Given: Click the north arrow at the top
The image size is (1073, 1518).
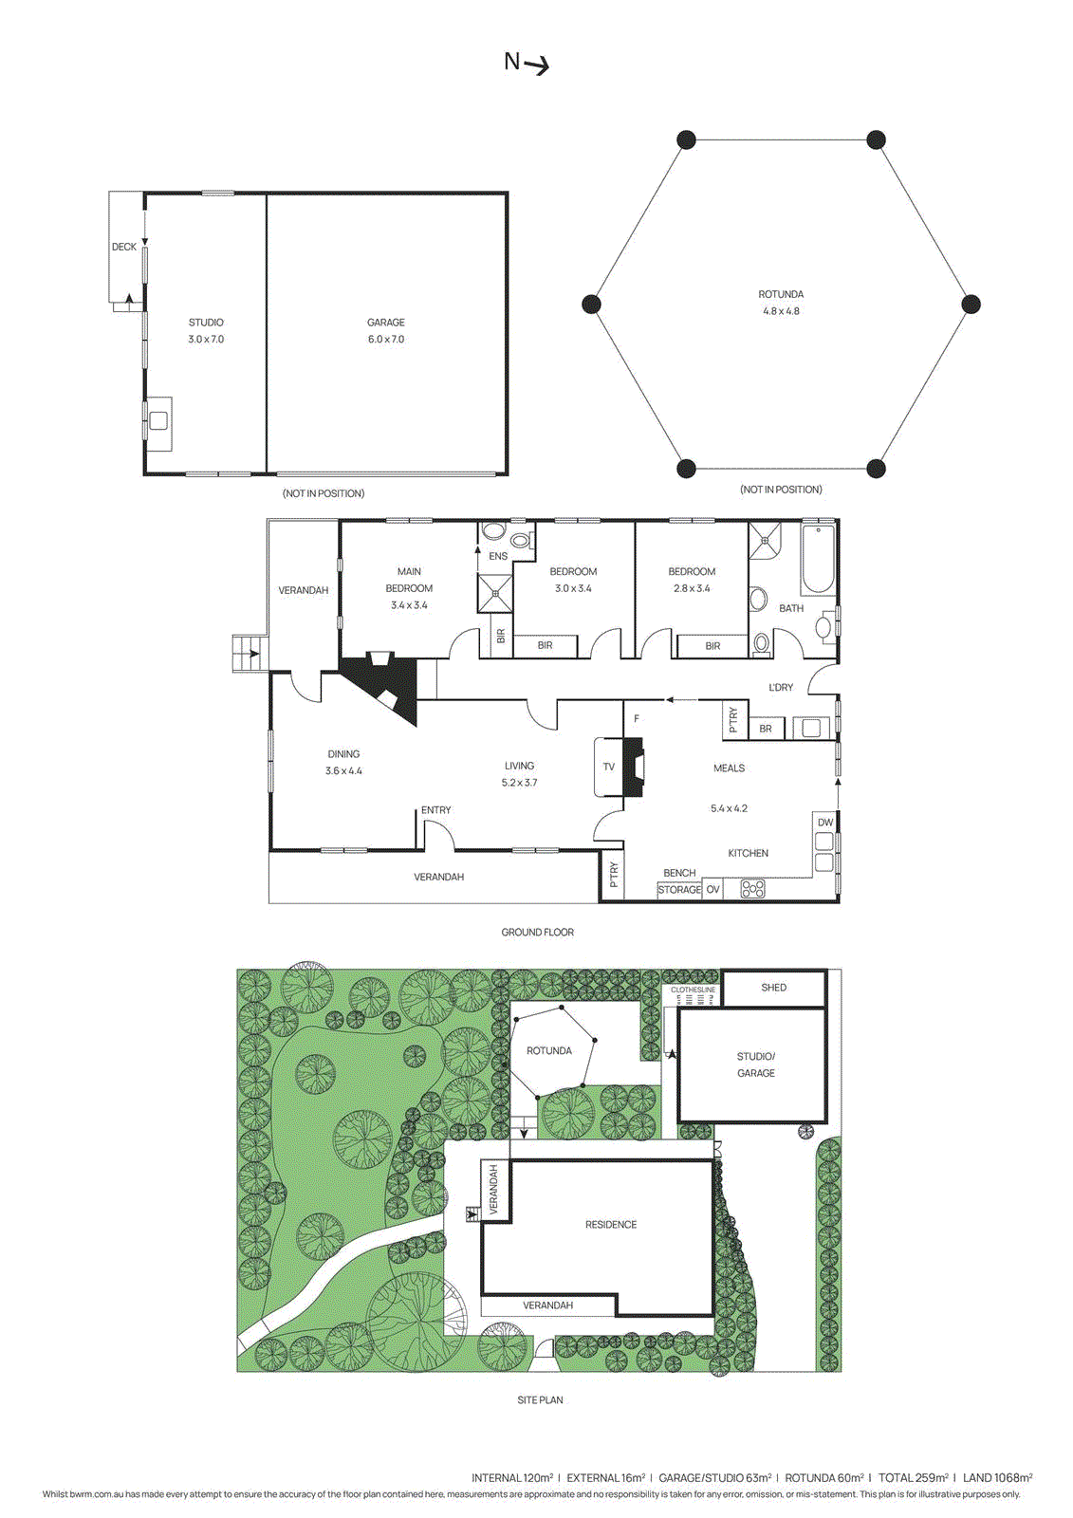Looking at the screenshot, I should pyautogui.click(x=527, y=64).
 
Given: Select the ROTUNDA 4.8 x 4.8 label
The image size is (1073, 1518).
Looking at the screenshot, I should pyautogui.click(x=781, y=303).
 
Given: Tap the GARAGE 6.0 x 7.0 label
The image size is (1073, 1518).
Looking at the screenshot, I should pyautogui.click(x=385, y=330).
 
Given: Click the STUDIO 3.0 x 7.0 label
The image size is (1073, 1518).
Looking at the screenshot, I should pyautogui.click(x=206, y=330).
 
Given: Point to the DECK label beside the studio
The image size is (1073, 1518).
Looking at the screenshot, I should pyautogui.click(x=123, y=247).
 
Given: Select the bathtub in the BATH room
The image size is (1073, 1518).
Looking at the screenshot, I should pyautogui.click(x=817, y=559).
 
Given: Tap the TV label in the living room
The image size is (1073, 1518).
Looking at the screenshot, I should pyautogui.click(x=608, y=767).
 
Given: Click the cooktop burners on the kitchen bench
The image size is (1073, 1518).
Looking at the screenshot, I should pyautogui.click(x=752, y=889).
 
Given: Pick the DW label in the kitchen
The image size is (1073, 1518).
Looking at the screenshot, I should pyautogui.click(x=824, y=823).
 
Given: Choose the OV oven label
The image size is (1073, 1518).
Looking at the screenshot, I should pyautogui.click(x=712, y=890).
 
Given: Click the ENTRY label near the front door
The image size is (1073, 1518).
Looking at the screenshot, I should pyautogui.click(x=435, y=810).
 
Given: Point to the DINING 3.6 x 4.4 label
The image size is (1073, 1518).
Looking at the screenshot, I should pyautogui.click(x=343, y=762).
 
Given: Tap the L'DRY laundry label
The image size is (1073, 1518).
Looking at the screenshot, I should pyautogui.click(x=780, y=687).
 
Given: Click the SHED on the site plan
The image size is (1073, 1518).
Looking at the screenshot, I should pyautogui.click(x=773, y=988).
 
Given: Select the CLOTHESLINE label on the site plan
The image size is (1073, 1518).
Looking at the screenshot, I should pyautogui.click(x=693, y=990).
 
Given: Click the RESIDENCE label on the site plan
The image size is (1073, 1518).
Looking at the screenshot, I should pyautogui.click(x=610, y=1225).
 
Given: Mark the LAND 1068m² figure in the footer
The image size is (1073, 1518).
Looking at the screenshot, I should pyautogui.click(x=997, y=1477).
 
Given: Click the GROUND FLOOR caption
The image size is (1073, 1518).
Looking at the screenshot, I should pyautogui.click(x=537, y=933).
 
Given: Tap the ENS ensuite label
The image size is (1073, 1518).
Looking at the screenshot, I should pyautogui.click(x=498, y=556).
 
